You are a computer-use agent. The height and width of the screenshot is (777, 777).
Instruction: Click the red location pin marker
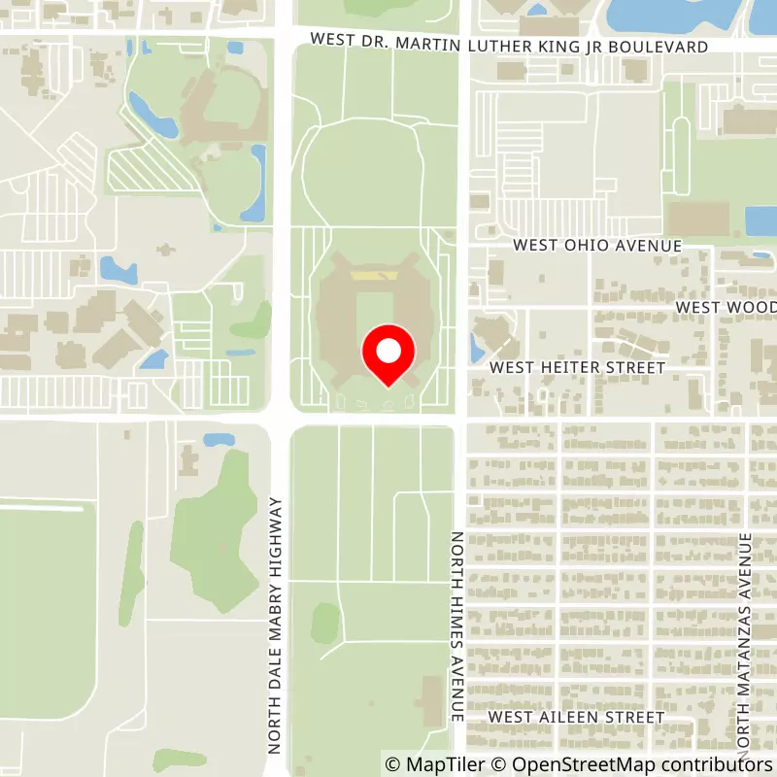388,352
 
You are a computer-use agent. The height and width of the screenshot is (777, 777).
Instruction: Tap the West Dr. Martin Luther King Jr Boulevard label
511,46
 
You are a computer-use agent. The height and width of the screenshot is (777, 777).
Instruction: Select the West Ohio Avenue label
597,246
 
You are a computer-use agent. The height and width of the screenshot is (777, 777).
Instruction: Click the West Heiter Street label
577,368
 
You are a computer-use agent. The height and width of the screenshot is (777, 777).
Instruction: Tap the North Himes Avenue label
456,625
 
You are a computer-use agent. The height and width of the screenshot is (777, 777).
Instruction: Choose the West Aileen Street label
576,717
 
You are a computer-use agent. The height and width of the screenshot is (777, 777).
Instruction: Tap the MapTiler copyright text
433,763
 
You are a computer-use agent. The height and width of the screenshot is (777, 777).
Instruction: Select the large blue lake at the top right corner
680,12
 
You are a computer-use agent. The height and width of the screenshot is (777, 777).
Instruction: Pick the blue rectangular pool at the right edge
760,220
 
